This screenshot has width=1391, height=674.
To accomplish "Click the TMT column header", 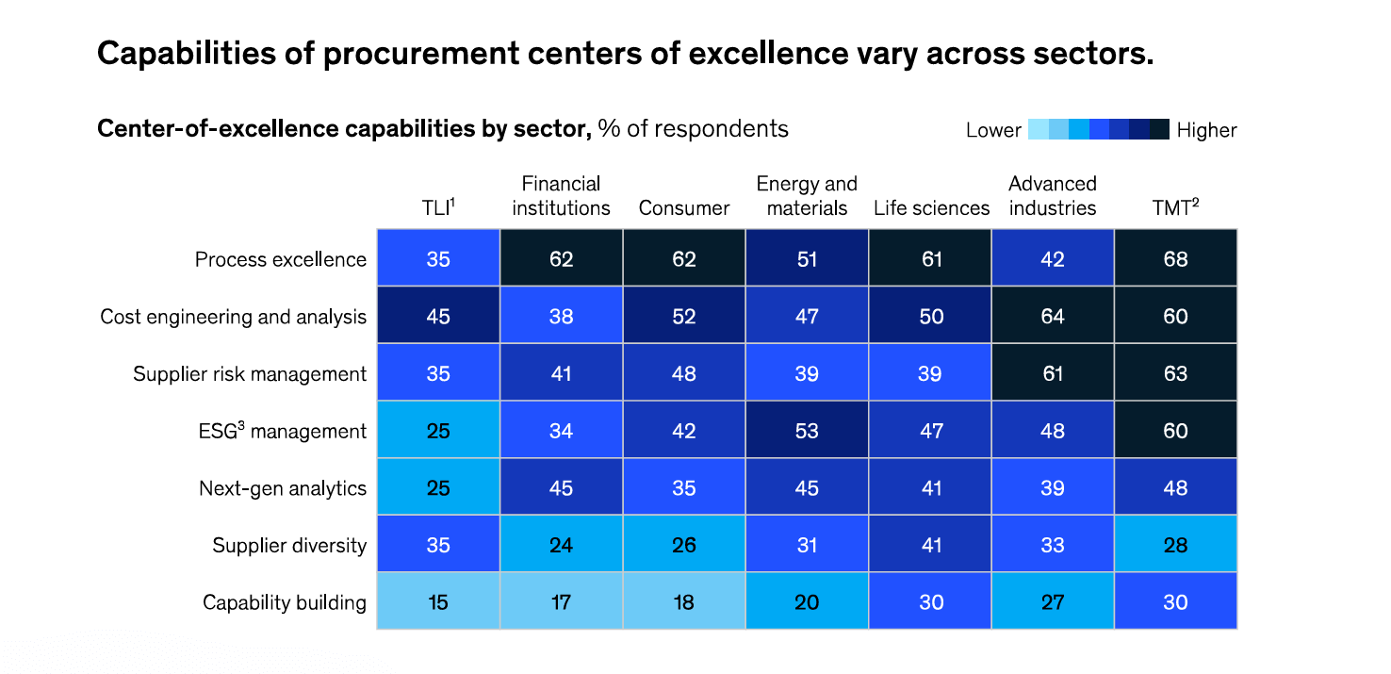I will [1174, 208].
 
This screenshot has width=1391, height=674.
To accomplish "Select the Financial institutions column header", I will [561, 196].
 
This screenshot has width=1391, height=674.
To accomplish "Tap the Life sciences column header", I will [931, 208].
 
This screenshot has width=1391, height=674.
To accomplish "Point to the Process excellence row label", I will [280, 259].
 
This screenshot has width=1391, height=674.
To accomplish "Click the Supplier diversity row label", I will [288, 545].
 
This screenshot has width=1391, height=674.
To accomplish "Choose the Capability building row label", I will [284, 602].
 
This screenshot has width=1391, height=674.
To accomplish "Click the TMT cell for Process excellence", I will [1175, 259].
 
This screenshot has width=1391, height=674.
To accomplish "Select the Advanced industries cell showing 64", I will [1053, 317].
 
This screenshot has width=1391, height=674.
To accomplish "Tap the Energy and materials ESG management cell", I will [807, 431].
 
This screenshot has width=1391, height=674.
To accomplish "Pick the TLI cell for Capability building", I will [438, 602].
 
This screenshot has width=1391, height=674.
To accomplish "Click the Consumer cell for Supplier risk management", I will [684, 373].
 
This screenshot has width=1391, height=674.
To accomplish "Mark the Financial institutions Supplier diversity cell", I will [561, 545].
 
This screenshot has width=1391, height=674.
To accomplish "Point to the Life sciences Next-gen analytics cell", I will [931, 488].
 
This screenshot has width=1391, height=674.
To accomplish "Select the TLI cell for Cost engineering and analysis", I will [438, 317].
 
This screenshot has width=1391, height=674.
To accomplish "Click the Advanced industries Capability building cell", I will [1053, 602].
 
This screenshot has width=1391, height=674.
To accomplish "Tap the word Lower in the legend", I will [993, 130].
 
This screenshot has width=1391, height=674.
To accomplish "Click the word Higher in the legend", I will [1206, 130].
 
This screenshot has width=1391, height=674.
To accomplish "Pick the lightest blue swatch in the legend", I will [1038, 130].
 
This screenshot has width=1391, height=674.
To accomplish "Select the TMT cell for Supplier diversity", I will [1175, 545].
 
